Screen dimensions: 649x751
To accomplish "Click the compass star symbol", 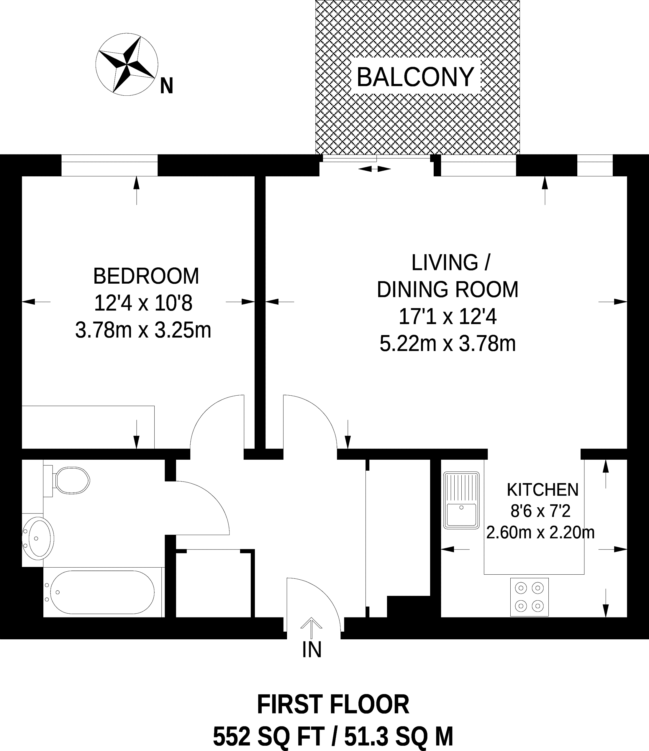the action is tap(127, 64).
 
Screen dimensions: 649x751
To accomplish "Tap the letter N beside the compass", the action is tap(167, 86).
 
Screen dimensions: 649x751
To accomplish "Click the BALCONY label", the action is tap(415, 77).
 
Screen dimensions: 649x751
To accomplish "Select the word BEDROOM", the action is tap(146, 276).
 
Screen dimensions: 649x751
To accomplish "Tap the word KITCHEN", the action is tap(543, 490).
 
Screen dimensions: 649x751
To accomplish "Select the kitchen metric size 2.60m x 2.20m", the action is tap(540, 532).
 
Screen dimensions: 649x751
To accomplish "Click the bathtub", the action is tap(102, 592).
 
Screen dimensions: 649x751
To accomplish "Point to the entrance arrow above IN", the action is tap(311, 628).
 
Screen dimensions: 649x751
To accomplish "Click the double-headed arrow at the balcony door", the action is tap(374, 169).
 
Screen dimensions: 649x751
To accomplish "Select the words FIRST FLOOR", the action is tap(333, 705).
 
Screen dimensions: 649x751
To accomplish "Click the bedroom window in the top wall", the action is tap(109, 165).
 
